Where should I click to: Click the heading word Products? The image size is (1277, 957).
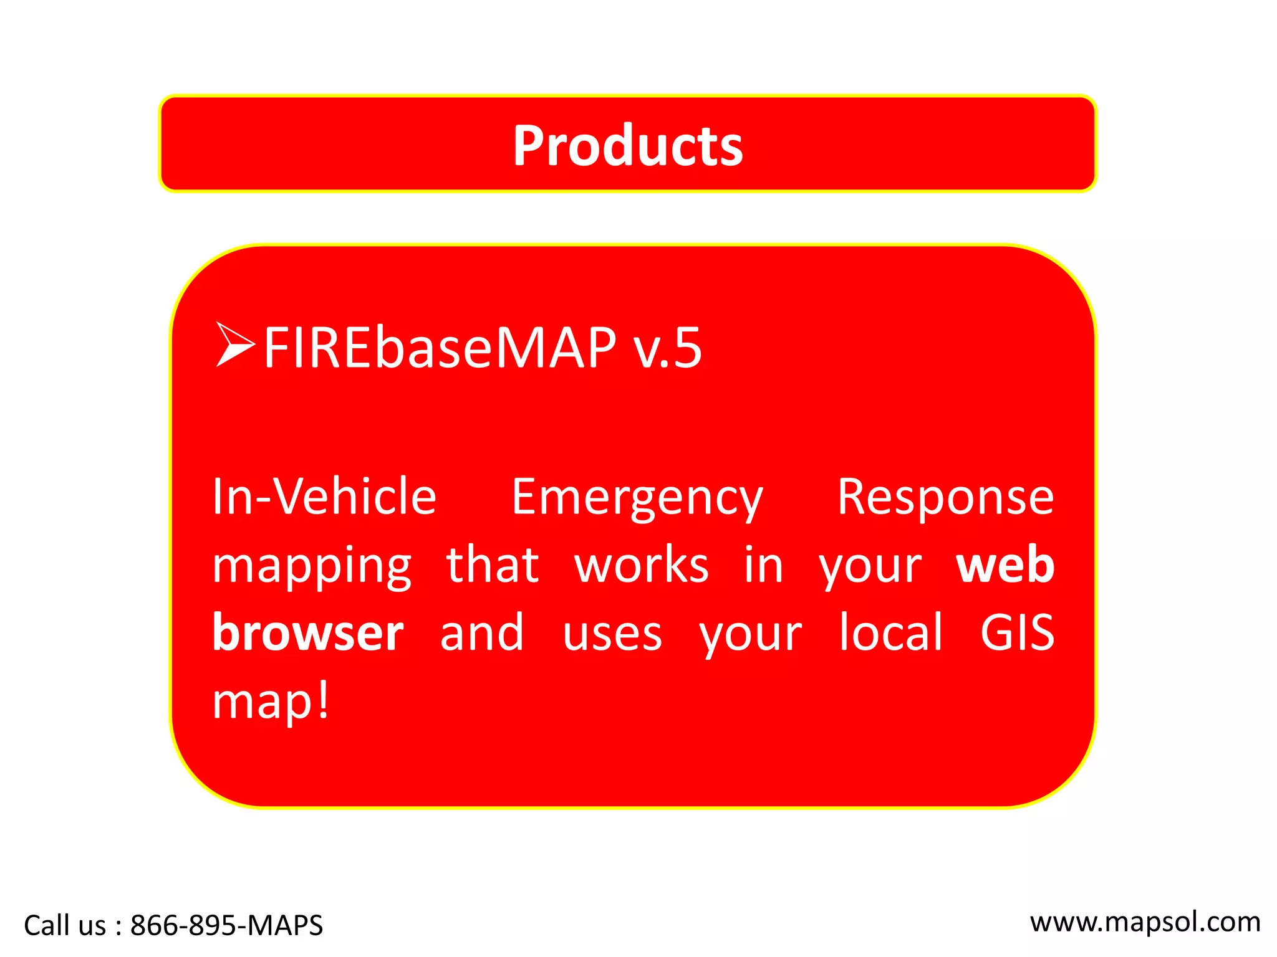[x=627, y=146]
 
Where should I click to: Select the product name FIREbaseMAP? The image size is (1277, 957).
[x=440, y=348]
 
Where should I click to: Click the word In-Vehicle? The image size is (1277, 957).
[x=324, y=497]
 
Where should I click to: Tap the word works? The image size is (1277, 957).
[x=641, y=566]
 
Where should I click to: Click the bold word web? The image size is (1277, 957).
[x=1005, y=566]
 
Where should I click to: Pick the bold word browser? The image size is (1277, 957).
[x=308, y=633]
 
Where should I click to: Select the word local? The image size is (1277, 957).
[x=890, y=633]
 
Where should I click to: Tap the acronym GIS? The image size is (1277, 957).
[x=1016, y=633]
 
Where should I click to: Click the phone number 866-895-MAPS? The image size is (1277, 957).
[x=226, y=925]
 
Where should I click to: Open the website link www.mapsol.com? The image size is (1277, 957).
[x=1145, y=923]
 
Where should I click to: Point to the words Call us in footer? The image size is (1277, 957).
[x=65, y=925]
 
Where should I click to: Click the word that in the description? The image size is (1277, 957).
[x=493, y=566]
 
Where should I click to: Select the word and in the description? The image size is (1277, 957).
[x=481, y=633]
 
